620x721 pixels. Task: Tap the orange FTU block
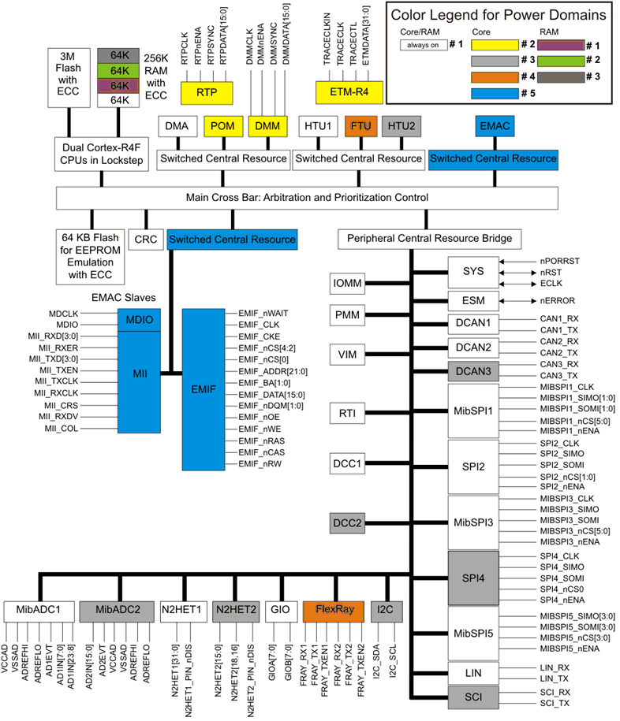tap(361, 125)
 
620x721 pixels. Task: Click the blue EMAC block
tap(496, 125)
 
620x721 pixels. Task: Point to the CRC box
tap(146, 238)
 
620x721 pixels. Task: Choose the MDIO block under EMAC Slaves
tap(140, 320)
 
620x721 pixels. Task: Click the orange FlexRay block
tap(336, 609)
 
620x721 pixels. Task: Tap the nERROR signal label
tap(553, 300)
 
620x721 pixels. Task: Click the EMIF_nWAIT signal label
tap(263, 313)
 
